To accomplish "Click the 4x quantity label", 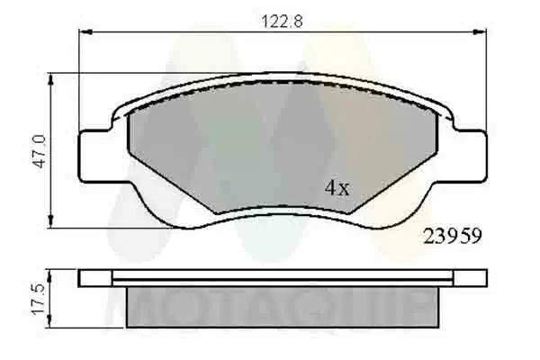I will click(336, 188).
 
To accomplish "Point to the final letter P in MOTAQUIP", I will click(424, 309).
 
